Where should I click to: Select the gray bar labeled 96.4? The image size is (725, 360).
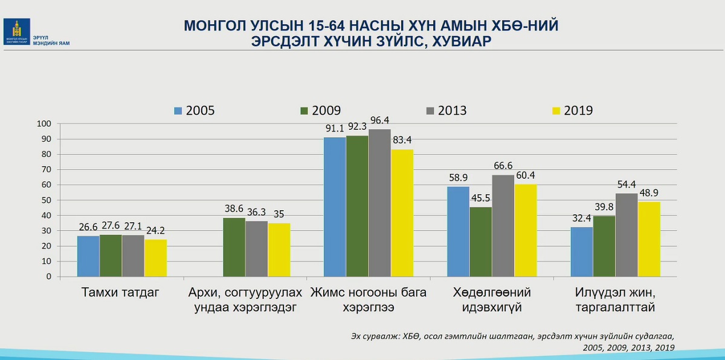pyautogui.click(x=379, y=203)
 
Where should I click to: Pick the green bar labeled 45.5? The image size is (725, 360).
pyautogui.click(x=480, y=242)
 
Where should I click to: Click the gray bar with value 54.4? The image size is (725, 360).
pyautogui.click(x=627, y=235)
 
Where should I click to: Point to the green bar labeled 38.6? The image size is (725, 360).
pyautogui.click(x=234, y=247)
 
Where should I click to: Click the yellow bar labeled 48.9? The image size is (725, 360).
pyautogui.click(x=649, y=239)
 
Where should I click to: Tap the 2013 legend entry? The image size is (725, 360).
pyautogui.click(x=446, y=111)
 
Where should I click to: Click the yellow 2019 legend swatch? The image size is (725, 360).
pyautogui.click(x=557, y=111)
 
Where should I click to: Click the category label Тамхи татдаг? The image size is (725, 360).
pyautogui.click(x=120, y=293)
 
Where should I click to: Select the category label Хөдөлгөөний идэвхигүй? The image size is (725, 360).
pyautogui.click(x=492, y=300)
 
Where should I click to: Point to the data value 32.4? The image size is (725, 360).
pyautogui.click(x=581, y=220)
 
